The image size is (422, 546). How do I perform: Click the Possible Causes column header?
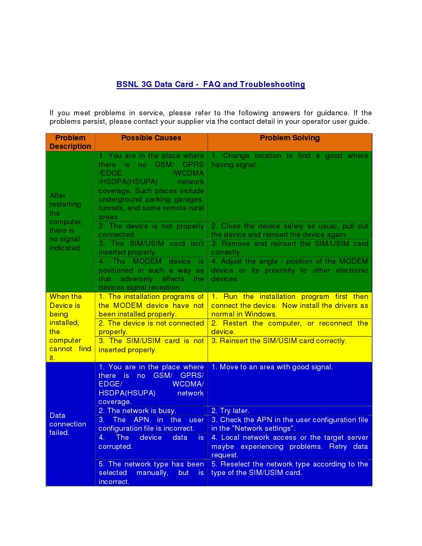pos(151,138)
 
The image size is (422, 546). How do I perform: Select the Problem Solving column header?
pos(290,138)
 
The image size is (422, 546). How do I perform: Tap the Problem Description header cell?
pos(70,142)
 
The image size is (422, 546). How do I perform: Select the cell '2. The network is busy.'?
pos(137,411)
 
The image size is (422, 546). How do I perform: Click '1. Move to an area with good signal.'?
pos(272,367)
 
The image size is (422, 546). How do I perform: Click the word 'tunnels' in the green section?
pos(111,208)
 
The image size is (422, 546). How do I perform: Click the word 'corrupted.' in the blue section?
pos(115,446)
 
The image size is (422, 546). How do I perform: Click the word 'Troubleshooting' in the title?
pos(272,84)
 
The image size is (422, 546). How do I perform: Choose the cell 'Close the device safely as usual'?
pos(290,231)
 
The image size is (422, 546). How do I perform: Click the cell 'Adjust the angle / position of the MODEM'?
pos(290,270)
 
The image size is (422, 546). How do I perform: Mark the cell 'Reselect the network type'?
pos(290,468)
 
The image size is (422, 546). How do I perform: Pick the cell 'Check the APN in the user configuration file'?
pos(290,424)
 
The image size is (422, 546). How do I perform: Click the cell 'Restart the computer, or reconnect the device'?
pos(290,327)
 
